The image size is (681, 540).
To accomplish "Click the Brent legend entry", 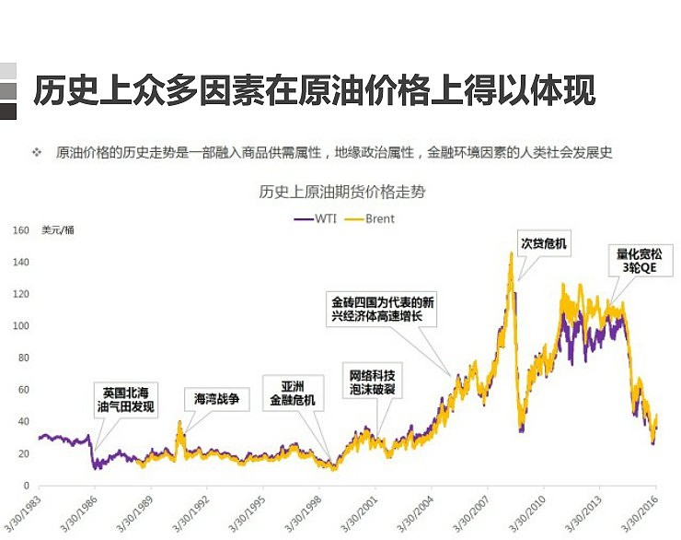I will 372,218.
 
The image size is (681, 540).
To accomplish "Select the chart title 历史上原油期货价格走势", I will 341,194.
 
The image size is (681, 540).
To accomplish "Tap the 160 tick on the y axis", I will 21,230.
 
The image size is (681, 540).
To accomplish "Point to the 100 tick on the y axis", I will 21,326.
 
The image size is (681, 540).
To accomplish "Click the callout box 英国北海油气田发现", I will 128,399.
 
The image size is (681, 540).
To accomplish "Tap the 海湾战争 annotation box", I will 216,399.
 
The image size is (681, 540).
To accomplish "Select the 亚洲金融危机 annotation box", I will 292,393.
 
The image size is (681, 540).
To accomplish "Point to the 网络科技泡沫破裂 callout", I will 373,382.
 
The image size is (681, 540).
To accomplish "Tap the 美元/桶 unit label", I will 57,231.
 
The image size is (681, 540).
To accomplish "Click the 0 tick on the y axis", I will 26,486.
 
